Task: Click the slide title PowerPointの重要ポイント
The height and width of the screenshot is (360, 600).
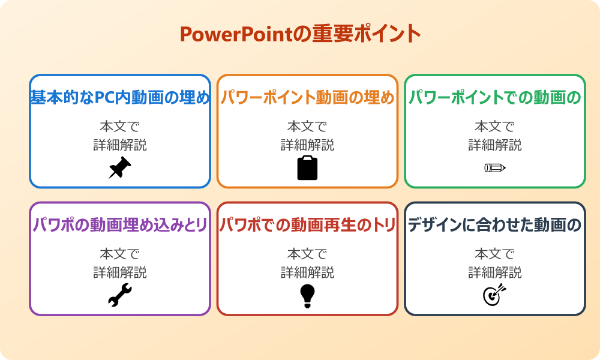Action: tap(300, 34)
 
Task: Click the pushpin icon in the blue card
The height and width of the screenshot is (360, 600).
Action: tap(120, 168)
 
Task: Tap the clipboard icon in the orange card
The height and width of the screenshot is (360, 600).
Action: tap(307, 168)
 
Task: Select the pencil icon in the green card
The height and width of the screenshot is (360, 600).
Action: tap(494, 167)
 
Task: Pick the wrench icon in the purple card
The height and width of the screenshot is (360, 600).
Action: tap(120, 295)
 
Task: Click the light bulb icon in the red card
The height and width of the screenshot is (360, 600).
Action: tap(307, 295)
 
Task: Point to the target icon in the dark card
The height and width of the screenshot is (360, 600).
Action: tap(494, 295)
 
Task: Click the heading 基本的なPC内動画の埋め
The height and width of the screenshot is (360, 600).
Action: tap(120, 98)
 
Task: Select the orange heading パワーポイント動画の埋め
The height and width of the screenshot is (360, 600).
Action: tap(307, 98)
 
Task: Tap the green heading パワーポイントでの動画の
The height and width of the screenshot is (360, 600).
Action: tap(494, 98)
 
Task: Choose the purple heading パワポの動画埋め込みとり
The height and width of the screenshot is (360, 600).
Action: tap(120, 225)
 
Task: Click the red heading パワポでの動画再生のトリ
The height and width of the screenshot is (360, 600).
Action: tap(307, 225)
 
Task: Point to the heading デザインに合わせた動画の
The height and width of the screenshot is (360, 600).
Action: tap(494, 225)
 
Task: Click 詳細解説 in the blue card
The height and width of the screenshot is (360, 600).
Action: tap(120, 145)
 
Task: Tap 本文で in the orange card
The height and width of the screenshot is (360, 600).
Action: tap(307, 127)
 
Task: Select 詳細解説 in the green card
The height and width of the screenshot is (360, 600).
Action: tap(494, 145)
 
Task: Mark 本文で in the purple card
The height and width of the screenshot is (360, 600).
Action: tap(120, 254)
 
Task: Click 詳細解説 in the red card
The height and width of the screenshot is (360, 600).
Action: tap(307, 272)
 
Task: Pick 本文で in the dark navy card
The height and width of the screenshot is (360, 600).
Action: tap(494, 254)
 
